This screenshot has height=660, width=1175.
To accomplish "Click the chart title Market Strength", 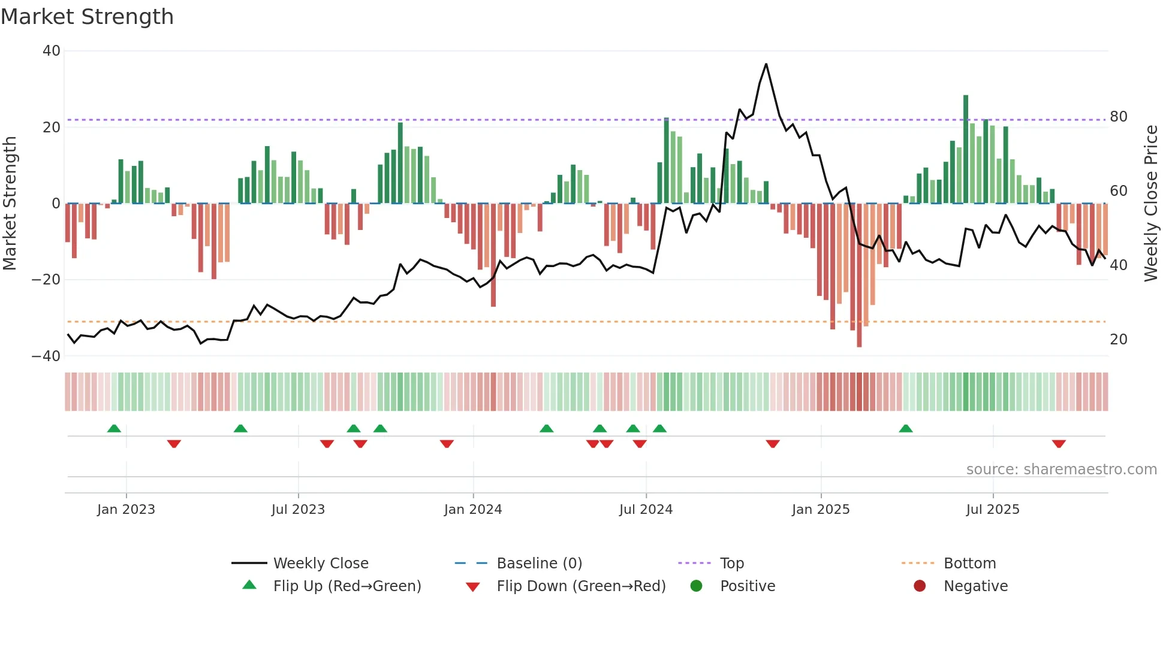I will [x=87, y=17].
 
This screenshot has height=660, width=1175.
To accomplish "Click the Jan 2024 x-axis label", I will [x=472, y=510].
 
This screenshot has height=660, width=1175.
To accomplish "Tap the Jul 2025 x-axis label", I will [x=992, y=510].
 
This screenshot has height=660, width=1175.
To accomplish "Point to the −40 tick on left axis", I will [x=46, y=356].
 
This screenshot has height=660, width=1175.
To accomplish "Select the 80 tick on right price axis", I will [x=1118, y=117].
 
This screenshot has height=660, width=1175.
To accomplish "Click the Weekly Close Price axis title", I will [x=1150, y=204].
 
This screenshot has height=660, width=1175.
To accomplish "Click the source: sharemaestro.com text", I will [x=1061, y=470].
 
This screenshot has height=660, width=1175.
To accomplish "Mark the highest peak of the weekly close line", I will [x=766, y=64].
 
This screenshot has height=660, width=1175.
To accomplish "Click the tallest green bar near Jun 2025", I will [x=966, y=150].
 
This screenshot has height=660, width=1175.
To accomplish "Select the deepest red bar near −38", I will [x=859, y=275].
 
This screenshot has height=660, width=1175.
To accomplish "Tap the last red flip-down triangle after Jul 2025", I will [x=1058, y=444].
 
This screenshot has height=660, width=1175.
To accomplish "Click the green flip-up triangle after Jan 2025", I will [x=905, y=428].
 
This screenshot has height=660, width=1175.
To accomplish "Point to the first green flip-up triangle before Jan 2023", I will [x=114, y=428].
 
